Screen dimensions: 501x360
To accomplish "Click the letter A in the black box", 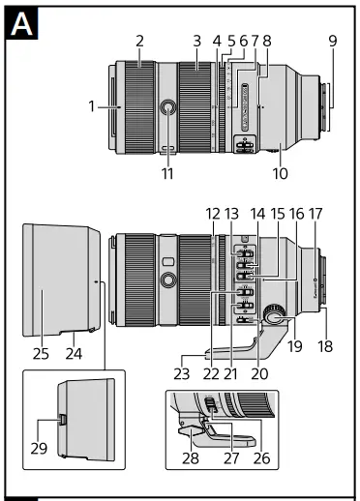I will tap(22, 26).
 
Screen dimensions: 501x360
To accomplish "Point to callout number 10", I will tap(282, 174).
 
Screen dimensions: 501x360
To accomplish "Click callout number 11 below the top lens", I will tap(168, 174).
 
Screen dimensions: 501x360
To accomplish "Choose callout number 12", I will tap(213, 213).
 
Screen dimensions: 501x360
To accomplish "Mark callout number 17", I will tap(315, 213).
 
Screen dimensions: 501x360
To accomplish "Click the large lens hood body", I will tap(58, 276).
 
